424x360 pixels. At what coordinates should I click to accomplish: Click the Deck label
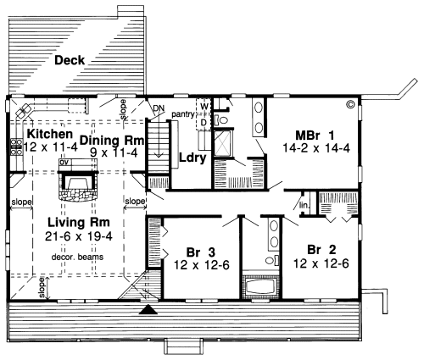(x=70, y=60)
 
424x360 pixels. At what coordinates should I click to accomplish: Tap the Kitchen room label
(x=50, y=134)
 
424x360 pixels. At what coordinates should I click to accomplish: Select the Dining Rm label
(x=112, y=141)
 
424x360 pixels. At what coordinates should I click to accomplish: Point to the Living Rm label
(x=79, y=223)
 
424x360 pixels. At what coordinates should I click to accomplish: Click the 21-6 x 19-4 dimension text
(x=79, y=236)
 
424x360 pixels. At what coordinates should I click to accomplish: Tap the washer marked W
(x=204, y=107)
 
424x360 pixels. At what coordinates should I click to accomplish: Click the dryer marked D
(x=204, y=123)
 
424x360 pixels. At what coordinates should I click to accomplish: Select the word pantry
(x=183, y=114)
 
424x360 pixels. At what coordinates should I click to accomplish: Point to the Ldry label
(x=192, y=158)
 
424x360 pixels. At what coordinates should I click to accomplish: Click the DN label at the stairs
(x=159, y=108)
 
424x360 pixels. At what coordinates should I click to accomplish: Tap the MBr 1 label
(x=315, y=136)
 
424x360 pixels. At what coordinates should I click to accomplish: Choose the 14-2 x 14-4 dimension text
(x=316, y=148)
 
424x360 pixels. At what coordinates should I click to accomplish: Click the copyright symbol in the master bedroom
(x=350, y=104)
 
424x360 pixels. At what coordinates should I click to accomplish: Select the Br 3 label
(x=201, y=252)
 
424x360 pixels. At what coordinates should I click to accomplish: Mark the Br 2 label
(x=321, y=250)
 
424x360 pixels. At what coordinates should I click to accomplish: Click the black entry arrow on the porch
(x=148, y=310)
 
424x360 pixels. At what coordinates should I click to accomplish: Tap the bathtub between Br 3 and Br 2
(x=261, y=286)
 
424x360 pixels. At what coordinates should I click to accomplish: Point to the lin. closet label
(x=304, y=206)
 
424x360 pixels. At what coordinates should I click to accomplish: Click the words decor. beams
(x=77, y=258)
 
